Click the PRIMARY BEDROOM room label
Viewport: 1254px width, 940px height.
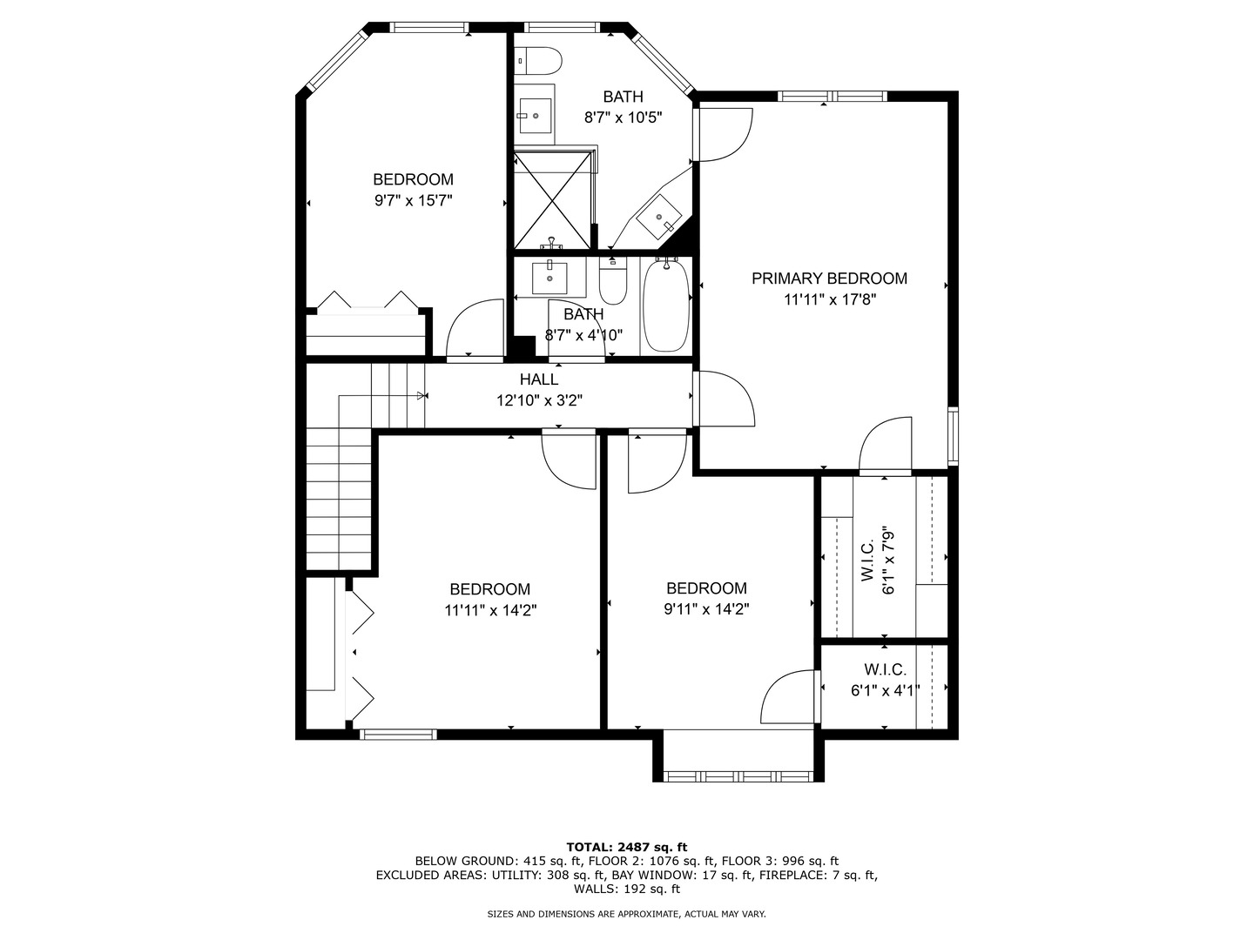click(x=829, y=279)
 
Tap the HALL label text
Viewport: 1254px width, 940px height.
click(x=539, y=379)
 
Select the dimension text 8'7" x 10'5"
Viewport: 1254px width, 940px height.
click(x=623, y=117)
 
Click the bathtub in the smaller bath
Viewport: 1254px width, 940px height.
click(x=666, y=305)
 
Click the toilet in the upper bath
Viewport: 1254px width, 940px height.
click(x=540, y=61)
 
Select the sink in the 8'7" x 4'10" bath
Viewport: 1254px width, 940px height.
click(x=549, y=278)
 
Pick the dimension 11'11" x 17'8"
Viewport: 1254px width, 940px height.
click(x=829, y=300)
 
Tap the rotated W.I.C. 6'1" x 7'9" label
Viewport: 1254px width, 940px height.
click(x=877, y=560)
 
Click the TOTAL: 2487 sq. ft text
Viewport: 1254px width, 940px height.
click(x=627, y=846)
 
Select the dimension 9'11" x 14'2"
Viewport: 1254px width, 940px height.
click(x=706, y=610)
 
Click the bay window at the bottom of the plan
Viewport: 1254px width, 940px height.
click(x=738, y=773)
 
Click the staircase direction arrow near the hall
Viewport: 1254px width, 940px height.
click(x=421, y=396)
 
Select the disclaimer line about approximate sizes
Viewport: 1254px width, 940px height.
click(x=626, y=914)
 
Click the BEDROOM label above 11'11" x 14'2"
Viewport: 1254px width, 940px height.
click(x=489, y=589)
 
